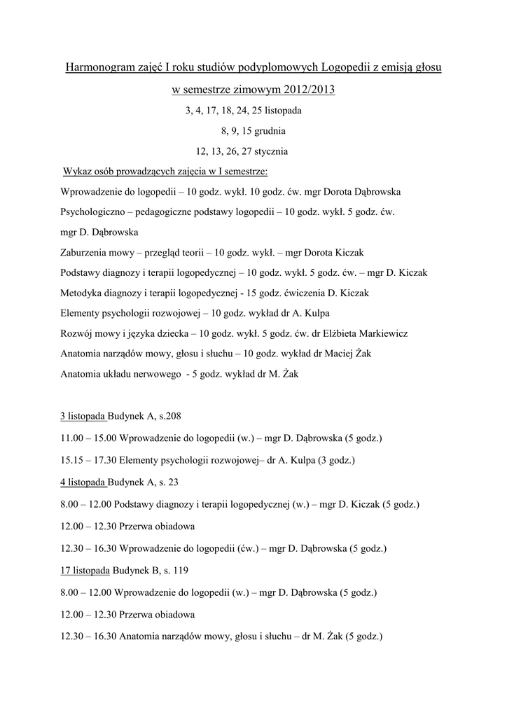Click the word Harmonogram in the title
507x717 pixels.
tap(100, 67)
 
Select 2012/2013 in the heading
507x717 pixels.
tap(310, 90)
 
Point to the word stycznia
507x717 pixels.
tap(265, 151)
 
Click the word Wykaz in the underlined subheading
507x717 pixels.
tap(77, 172)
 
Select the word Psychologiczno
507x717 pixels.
tap(94, 211)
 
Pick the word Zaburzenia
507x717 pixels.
tap(84, 252)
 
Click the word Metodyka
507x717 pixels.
tap(81, 293)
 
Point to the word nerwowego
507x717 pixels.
tap(152, 374)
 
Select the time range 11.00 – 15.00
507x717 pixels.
tap(89, 438)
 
